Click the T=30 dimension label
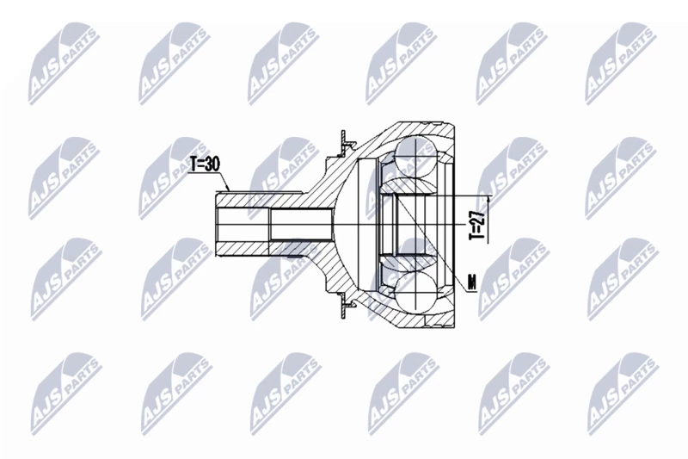coord(205,164)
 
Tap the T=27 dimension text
coord(477,224)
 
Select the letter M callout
coord(472,282)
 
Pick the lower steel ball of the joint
coord(416,293)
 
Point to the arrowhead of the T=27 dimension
coord(488,202)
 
